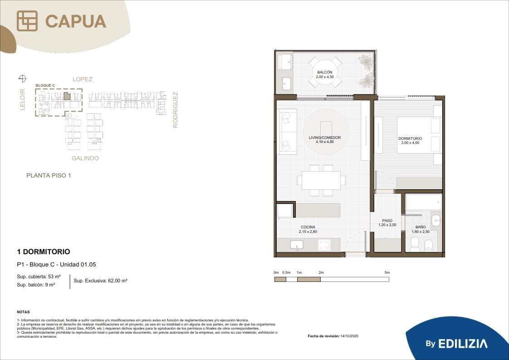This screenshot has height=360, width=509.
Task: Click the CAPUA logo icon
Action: point(27,21)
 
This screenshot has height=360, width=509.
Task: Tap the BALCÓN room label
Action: point(325,74)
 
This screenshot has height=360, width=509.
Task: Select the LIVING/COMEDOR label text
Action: point(325,138)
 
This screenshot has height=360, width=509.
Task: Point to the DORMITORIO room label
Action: point(410,140)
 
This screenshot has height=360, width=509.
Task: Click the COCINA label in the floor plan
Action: point(308,229)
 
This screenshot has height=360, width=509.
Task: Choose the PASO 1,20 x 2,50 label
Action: point(387,222)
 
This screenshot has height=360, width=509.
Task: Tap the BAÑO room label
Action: point(421,229)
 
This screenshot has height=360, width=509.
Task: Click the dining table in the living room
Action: point(321,180)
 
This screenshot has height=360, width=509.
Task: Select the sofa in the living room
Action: point(287,132)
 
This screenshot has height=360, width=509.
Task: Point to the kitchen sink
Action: point(296,245)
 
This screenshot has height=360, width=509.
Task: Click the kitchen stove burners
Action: point(324,245)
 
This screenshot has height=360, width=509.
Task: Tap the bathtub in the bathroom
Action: point(424,202)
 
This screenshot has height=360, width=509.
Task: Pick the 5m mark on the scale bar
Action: point(387,272)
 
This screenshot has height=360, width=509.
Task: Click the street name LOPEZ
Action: point(83,79)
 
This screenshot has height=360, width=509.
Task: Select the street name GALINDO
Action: point(85,158)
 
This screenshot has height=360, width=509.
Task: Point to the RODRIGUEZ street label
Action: point(175,110)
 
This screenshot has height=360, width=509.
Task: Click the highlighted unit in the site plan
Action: point(67,96)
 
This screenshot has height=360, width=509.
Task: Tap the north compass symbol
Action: point(22,78)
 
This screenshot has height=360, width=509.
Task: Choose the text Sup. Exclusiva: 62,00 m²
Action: point(100,281)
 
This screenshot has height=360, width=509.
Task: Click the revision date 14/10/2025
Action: point(349,336)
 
